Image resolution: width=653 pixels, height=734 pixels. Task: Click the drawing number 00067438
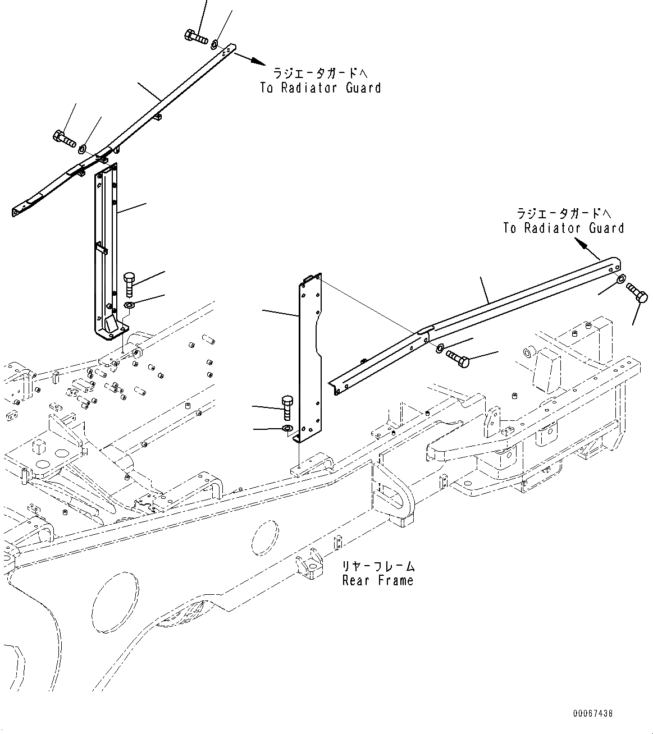point(592,714)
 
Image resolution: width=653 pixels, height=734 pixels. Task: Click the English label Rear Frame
point(377,581)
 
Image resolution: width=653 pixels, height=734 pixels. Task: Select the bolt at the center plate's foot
point(286,406)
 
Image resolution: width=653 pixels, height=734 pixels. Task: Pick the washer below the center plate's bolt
point(287,430)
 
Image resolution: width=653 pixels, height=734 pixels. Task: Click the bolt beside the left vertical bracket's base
point(129,283)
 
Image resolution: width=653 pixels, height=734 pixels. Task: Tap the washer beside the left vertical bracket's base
point(129,305)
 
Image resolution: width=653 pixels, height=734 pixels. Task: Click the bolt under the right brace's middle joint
point(457,358)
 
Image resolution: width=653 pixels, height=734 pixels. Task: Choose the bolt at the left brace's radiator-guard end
point(195,36)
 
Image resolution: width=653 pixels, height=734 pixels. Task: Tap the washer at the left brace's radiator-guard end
point(216,44)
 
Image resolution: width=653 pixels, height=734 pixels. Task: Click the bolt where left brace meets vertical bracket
point(65,137)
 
